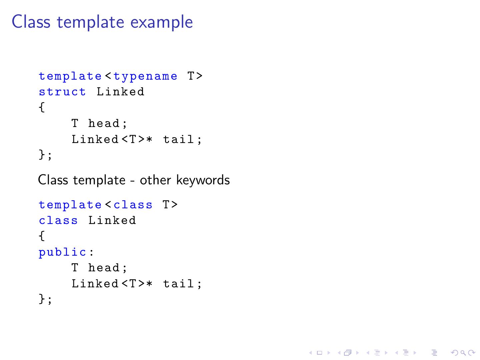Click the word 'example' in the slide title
[x=161, y=22]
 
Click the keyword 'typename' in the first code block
[x=145, y=77]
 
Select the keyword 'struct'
[x=62, y=92]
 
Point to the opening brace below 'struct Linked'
[x=42, y=107]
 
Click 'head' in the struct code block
[x=104, y=123]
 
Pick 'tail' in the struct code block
[x=178, y=139]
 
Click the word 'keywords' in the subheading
[x=203, y=180]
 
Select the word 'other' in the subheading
[x=155, y=180]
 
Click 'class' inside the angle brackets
[x=133, y=205]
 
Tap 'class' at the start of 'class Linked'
[x=58, y=220]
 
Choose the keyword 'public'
[x=62, y=252]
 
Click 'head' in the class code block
[x=104, y=268]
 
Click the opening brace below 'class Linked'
[x=42, y=236]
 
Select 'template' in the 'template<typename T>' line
[x=70, y=77]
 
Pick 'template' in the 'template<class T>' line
[x=70, y=205]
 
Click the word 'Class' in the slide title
[x=31, y=22]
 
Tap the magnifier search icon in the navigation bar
[x=463, y=353]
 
